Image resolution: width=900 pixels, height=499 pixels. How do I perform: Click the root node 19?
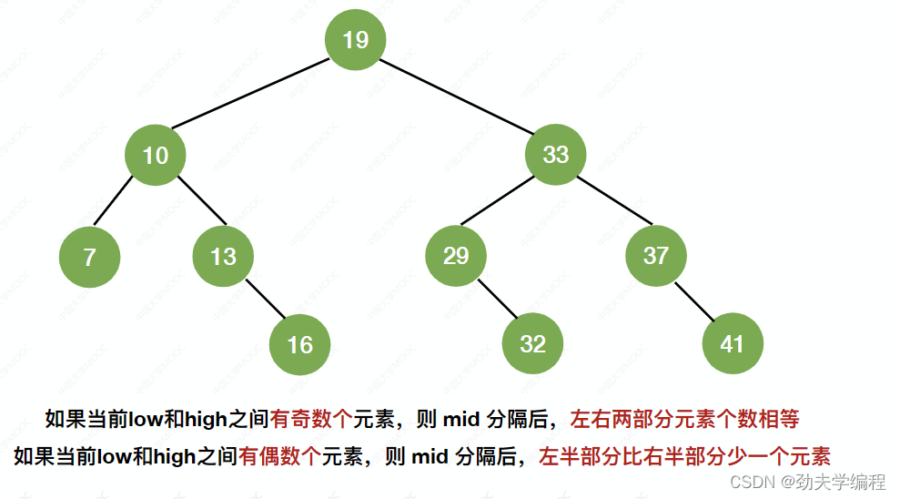point(356,39)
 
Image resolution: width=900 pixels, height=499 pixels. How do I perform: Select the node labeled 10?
point(156,155)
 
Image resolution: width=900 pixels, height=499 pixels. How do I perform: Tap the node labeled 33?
point(555,155)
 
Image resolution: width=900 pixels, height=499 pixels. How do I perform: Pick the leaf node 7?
point(89,257)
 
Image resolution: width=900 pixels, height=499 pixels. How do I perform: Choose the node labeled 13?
point(223,257)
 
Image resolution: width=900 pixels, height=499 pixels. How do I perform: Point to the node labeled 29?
point(455,256)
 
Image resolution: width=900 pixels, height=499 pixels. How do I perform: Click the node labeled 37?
point(655,256)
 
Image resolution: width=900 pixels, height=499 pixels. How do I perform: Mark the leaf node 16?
point(299,344)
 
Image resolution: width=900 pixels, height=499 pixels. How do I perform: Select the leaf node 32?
point(532,344)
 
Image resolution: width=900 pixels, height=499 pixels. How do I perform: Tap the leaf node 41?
point(733,344)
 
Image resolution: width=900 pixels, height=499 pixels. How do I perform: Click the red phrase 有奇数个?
point(310,420)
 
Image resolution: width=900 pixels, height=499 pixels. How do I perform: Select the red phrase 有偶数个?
point(279,455)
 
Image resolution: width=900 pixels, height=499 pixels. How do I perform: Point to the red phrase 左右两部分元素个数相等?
point(684,420)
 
